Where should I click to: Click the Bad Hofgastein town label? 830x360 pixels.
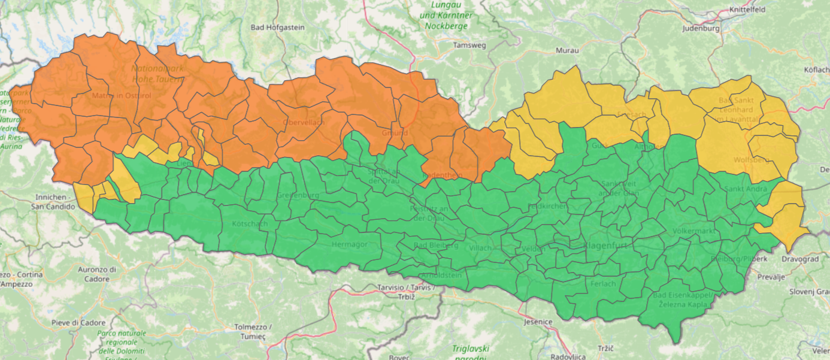click(277, 27)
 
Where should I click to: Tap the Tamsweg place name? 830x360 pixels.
click(469, 45)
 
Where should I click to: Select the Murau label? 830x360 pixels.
click(567, 50)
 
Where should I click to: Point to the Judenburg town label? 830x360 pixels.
click(701, 28)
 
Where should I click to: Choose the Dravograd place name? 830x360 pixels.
click(800, 259)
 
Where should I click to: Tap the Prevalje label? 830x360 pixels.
click(771, 277)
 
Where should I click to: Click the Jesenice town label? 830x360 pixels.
click(537, 322)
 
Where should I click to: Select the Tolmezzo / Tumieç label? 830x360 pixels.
click(253, 331)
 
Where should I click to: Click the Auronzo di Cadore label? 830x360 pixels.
click(96, 274)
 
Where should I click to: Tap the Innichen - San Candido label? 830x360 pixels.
click(54, 202)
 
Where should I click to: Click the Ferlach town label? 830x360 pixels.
click(602, 283)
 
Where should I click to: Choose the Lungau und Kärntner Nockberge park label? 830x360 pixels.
click(446, 15)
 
